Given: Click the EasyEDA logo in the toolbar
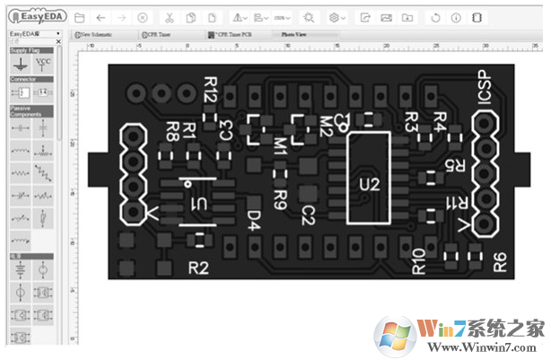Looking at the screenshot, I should (35, 16).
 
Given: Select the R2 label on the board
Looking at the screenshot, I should (198, 267).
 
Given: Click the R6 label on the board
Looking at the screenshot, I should (499, 262).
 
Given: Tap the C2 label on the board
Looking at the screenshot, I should (308, 215).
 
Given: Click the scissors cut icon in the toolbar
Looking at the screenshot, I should (169, 17).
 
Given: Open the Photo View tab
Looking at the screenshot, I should (293, 34).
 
